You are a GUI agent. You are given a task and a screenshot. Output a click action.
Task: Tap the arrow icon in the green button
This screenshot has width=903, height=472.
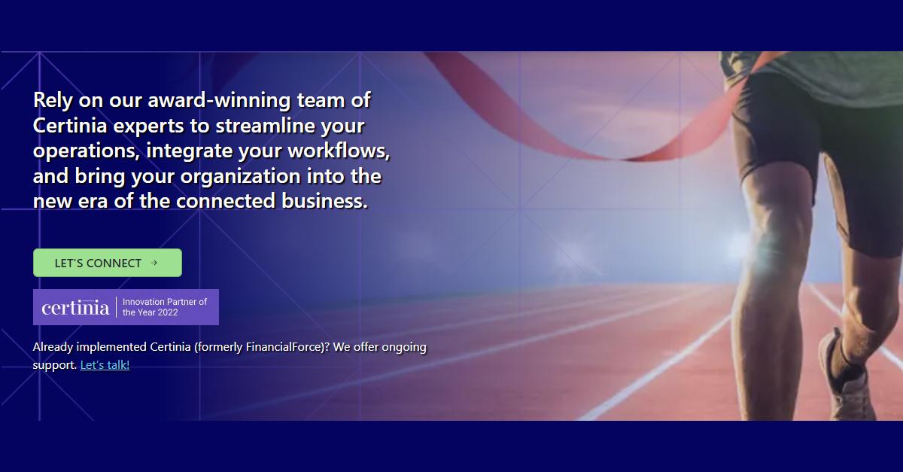pyautogui.click(x=154, y=263)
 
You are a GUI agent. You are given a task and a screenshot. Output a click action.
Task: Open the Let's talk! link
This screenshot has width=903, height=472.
pyautogui.click(x=105, y=365)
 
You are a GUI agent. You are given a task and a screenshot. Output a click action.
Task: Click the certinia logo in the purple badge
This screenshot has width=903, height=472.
pyautogui.click(x=75, y=307)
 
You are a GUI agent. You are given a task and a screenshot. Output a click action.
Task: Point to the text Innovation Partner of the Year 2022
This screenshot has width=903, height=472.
pyautogui.click(x=165, y=307)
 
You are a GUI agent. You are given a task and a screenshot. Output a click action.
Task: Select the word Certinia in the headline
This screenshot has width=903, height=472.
pyautogui.click(x=71, y=126)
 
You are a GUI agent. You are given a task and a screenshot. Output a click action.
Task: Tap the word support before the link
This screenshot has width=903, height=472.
pyautogui.click(x=54, y=365)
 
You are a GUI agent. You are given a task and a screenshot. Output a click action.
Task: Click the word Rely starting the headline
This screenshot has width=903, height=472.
pyautogui.click(x=53, y=100)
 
